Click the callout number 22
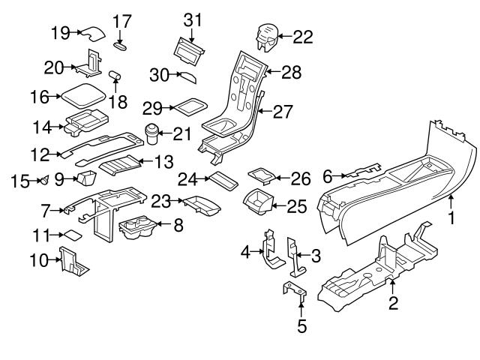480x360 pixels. pos(304,35)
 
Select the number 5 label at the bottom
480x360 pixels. pos(301,326)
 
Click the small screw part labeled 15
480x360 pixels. pos(45,179)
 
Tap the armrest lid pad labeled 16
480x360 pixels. pos(84,95)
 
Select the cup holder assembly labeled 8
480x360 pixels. pos(140,228)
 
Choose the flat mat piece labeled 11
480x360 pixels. pos(70,235)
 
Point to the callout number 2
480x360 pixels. pos(394,304)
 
